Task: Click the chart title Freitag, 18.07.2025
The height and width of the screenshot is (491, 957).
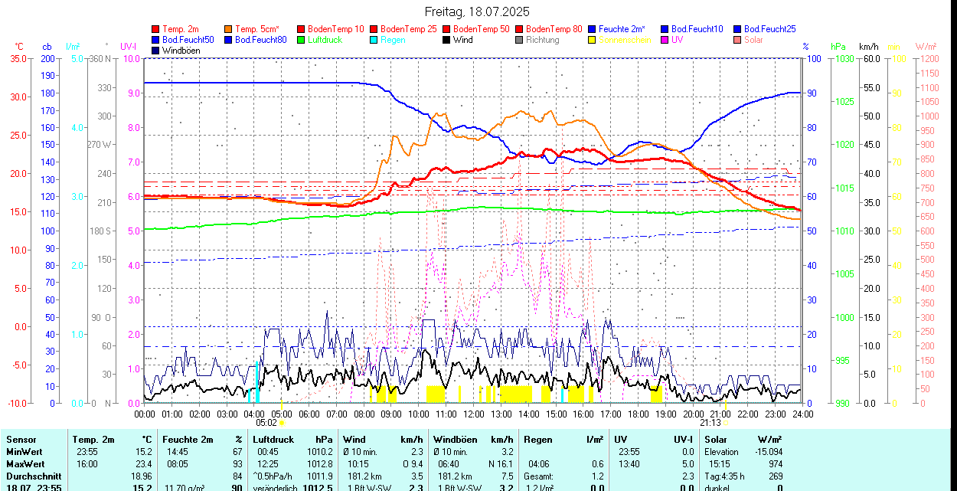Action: point(477,11)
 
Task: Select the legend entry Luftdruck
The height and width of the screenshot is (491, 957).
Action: point(325,40)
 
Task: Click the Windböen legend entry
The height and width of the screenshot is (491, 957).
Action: point(179,51)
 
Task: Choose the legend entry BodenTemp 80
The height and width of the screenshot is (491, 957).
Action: point(554,29)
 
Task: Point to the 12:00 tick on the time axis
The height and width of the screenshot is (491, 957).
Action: point(474,414)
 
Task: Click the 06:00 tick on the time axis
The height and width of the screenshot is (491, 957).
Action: point(309,414)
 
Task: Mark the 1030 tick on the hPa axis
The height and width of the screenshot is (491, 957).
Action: point(844,59)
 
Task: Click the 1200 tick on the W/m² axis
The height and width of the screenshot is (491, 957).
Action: point(927,59)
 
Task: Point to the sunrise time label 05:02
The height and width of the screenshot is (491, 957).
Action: point(266,422)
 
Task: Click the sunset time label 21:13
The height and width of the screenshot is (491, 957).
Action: point(710,422)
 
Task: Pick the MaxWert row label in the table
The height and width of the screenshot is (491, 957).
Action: point(25,464)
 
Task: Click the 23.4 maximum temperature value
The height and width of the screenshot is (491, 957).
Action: point(144,464)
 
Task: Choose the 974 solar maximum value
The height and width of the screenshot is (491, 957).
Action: point(775,464)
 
